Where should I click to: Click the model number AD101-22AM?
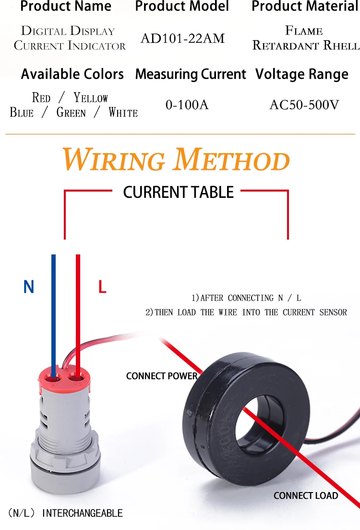click(182, 38)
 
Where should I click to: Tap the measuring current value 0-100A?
click(187, 104)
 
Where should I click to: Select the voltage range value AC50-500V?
click(304, 104)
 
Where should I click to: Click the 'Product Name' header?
click(66, 7)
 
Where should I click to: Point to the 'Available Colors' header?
click(72, 74)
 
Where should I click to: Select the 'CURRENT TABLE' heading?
click(178, 192)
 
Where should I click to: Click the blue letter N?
click(29, 287)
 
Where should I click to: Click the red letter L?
click(102, 287)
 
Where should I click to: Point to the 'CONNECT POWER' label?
click(162, 376)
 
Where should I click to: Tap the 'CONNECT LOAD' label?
click(306, 495)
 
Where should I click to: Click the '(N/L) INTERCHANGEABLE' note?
click(65, 513)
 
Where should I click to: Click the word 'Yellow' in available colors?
click(91, 98)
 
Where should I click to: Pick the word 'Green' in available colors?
click(71, 113)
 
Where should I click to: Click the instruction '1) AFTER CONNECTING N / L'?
click(246, 298)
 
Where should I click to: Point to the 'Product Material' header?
click(305, 7)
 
